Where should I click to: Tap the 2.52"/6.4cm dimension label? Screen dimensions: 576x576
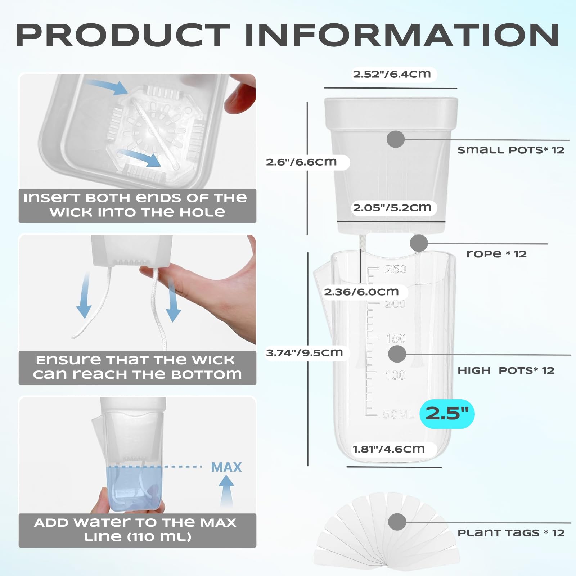(x=392, y=74)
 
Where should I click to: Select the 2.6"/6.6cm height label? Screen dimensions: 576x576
(x=301, y=162)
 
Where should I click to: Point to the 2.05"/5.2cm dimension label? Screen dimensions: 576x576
(x=392, y=208)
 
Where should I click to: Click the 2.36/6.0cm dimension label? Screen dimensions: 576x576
(x=361, y=292)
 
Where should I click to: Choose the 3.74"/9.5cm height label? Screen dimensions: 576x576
(x=305, y=353)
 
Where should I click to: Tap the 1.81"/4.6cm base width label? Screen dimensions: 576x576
(x=389, y=449)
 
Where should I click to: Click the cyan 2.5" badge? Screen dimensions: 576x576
(x=447, y=414)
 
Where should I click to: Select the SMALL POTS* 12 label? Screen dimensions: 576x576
(x=511, y=150)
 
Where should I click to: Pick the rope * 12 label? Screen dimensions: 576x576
(x=496, y=254)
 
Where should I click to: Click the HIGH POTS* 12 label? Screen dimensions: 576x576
(x=506, y=370)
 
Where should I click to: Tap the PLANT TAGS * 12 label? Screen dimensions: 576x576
(x=511, y=533)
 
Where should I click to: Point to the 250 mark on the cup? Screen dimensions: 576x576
(x=395, y=269)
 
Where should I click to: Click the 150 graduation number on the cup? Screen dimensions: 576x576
(x=395, y=339)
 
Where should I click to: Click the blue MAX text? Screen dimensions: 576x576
(x=226, y=467)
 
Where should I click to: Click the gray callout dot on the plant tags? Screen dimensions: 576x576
(x=397, y=522)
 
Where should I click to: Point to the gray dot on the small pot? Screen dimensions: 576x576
(x=396, y=139)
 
